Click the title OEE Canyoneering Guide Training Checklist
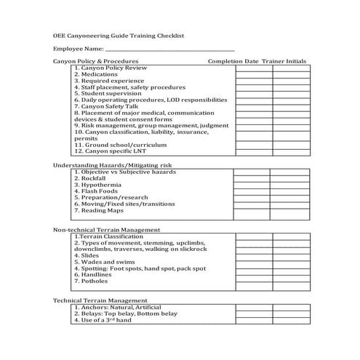click(119, 35)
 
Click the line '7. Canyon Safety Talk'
click(107, 106)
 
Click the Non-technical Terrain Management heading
click(107, 229)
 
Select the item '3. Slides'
click(87, 255)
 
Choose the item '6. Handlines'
click(94, 275)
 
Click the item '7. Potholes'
click(92, 281)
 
